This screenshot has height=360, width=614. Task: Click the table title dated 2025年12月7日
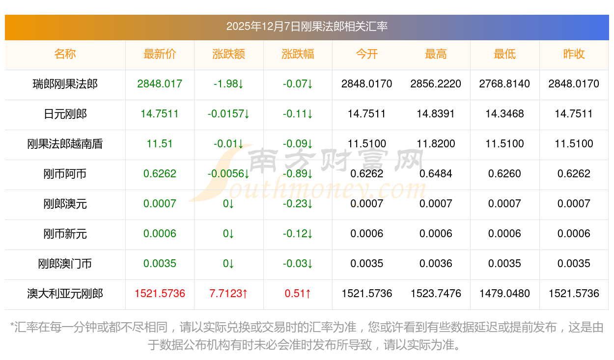pyautogui.click(x=307, y=27)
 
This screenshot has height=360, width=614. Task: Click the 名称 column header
pyautogui.click(x=65, y=54)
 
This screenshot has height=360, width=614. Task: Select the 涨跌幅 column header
pyautogui.click(x=298, y=54)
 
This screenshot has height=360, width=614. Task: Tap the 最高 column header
pyautogui.click(x=436, y=54)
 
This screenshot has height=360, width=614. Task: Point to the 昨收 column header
pyautogui.click(x=574, y=54)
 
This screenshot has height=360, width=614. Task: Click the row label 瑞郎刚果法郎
pyautogui.click(x=65, y=84)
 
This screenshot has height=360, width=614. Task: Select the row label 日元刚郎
pyautogui.click(x=65, y=114)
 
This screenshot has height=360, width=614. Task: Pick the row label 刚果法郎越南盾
pyautogui.click(x=65, y=144)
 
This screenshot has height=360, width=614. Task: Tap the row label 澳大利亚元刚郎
pyautogui.click(x=65, y=294)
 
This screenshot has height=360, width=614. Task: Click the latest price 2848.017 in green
pyautogui.click(x=160, y=84)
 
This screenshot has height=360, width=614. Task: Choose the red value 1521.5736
pyautogui.click(x=160, y=294)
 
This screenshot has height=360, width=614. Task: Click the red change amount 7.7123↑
pyautogui.click(x=228, y=294)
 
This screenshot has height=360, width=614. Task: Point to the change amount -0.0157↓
pyautogui.click(x=228, y=114)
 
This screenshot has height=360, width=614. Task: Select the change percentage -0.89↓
pyautogui.click(x=298, y=174)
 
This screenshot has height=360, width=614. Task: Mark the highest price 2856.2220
pyautogui.click(x=436, y=84)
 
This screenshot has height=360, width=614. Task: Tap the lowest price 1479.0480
pyautogui.click(x=504, y=294)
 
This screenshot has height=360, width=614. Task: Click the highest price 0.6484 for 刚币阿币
pyautogui.click(x=436, y=174)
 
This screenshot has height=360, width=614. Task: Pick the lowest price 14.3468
pyautogui.click(x=504, y=114)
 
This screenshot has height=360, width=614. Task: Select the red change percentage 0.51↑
pyautogui.click(x=298, y=294)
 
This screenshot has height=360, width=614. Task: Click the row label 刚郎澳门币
pyautogui.click(x=65, y=264)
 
